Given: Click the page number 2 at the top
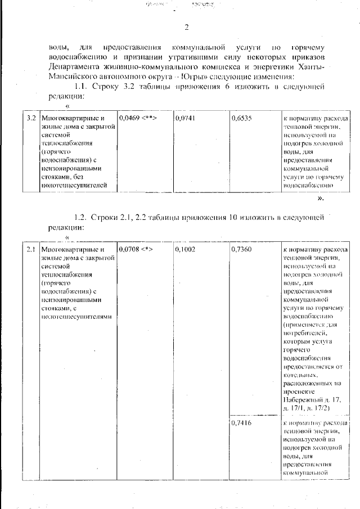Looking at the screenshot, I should click(186, 28).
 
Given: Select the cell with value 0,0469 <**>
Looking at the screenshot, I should click(137, 119).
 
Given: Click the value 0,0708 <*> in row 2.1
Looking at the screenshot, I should click(136, 249).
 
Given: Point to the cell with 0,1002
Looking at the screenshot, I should click(185, 249).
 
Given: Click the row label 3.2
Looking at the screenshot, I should click(31, 119).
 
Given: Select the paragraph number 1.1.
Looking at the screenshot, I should click(82, 87).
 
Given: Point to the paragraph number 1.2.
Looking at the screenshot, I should click(82, 217).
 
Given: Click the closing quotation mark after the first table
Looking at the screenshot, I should click(320, 199).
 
